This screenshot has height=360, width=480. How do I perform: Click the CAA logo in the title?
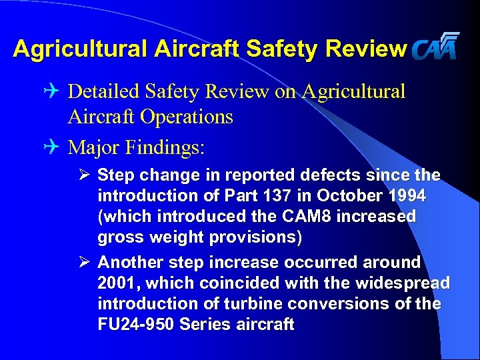pos(435,47)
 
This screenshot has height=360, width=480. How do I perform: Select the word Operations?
pos(189,117)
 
